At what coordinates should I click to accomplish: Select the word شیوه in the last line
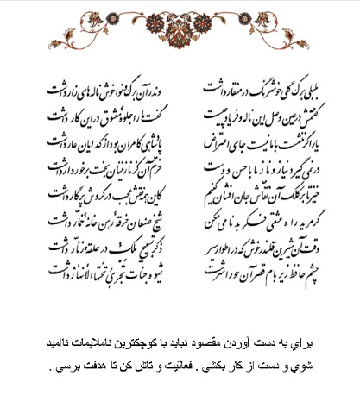[161, 270]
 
